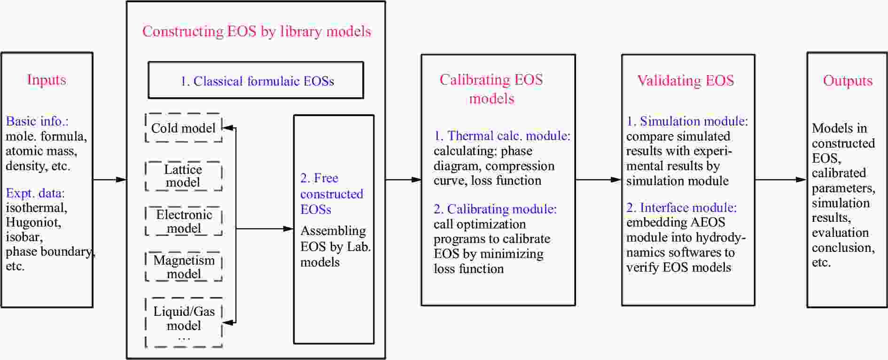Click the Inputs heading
[47, 80]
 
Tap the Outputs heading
[848, 81]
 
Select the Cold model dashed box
[183, 128]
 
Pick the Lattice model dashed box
[183, 176]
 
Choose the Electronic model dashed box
[184, 221]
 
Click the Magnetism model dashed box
[184, 266]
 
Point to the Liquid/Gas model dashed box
[184, 322]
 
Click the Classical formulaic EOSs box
[256, 80]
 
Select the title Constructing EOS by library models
[257, 31]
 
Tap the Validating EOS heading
[685, 80]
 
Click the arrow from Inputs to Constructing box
[110, 180]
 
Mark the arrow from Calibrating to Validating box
[598, 180]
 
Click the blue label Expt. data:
[35, 193]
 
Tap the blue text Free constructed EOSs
[331, 194]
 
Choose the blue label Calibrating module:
[495, 209]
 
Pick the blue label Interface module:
[682, 208]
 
